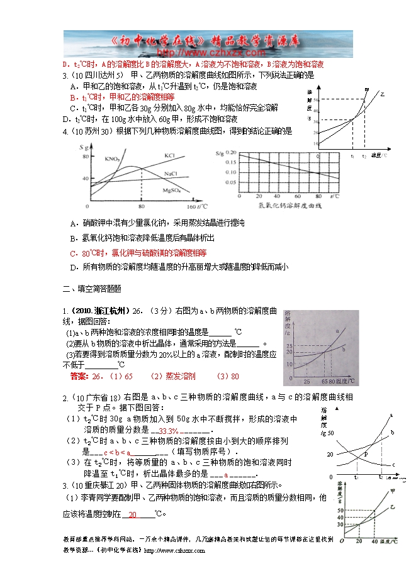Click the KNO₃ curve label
click(x=113, y=158)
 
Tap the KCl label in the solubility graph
click(x=169, y=154)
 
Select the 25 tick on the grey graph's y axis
click(x=290, y=347)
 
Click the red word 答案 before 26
click(x=78, y=376)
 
